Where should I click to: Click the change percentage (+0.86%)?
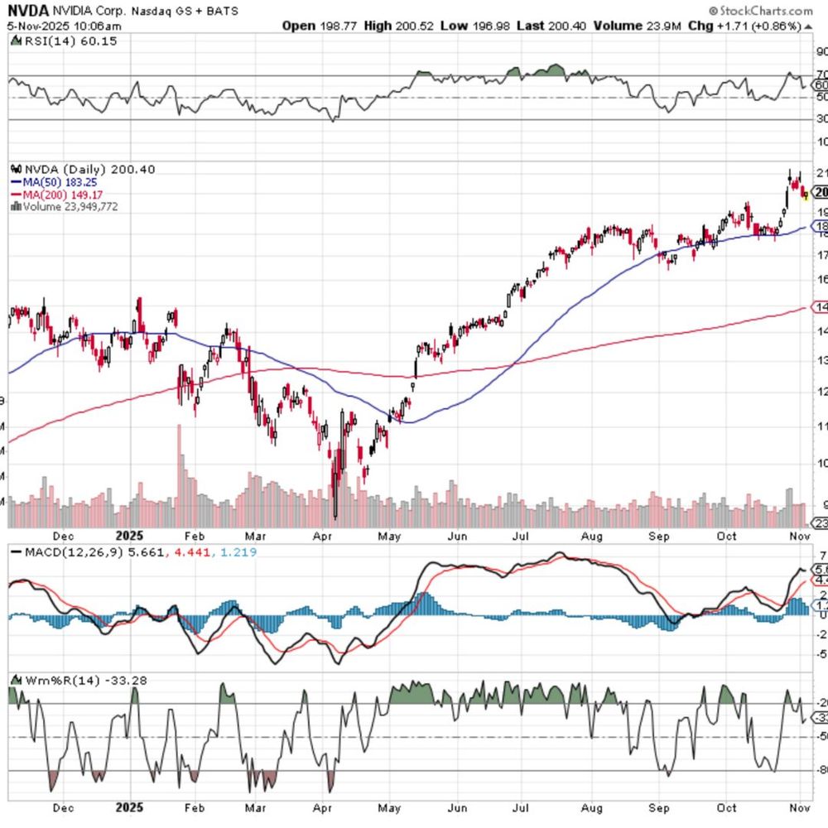pyautogui.click(x=775, y=26)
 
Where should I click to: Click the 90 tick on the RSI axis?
pyautogui.click(x=821, y=51)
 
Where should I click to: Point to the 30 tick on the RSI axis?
pyautogui.click(x=821, y=119)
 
